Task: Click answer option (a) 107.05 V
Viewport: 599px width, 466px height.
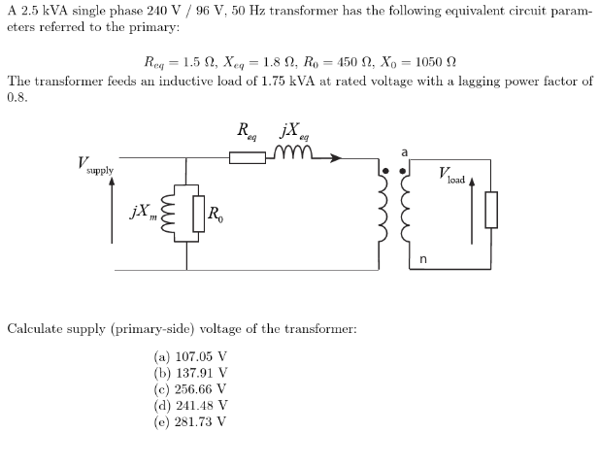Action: click(189, 356)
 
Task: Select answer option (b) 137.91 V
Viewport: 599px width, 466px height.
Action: click(189, 372)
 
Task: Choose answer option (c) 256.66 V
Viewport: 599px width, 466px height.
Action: click(189, 388)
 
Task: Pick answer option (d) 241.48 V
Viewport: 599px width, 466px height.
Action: click(189, 405)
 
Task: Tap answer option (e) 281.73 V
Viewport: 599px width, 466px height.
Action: click(189, 421)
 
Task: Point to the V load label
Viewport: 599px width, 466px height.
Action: click(452, 176)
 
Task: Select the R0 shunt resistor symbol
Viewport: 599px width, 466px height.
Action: click(199, 215)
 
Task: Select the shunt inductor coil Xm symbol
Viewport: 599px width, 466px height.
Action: click(177, 215)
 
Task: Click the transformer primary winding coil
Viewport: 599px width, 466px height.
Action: click(381, 210)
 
